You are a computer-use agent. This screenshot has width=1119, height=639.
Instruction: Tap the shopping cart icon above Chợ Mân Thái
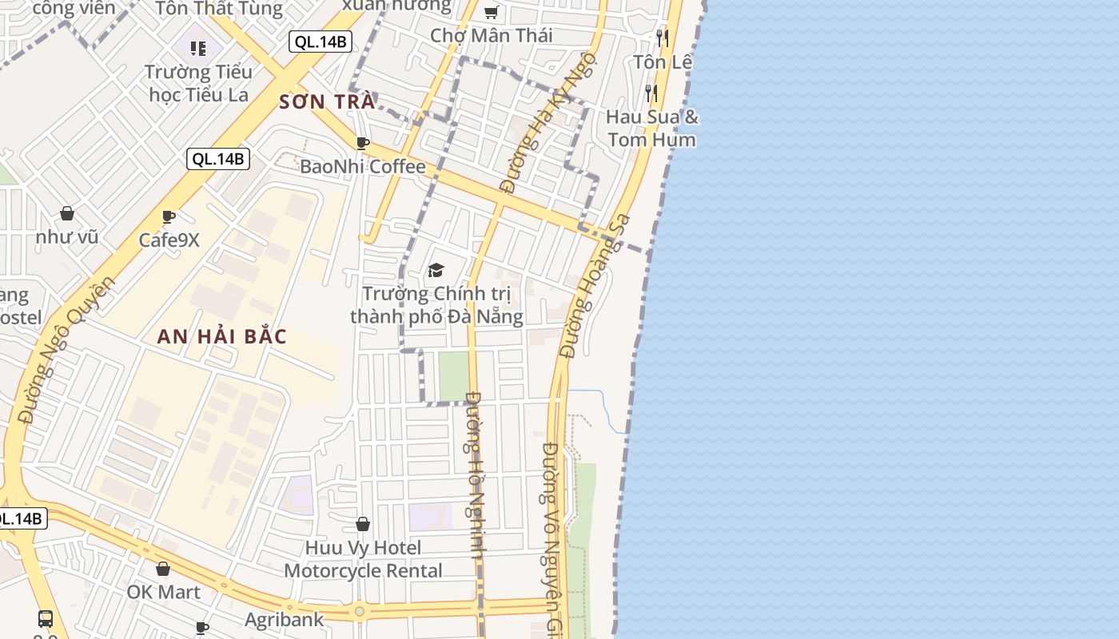(x=492, y=12)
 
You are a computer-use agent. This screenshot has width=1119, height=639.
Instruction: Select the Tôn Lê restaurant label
(x=662, y=62)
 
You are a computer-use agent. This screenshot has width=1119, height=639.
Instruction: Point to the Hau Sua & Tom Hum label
(x=652, y=129)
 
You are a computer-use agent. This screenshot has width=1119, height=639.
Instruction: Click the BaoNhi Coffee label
(x=362, y=167)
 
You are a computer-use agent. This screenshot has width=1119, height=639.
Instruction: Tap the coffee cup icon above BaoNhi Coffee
(x=362, y=144)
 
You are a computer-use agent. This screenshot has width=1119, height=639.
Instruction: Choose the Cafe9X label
(x=169, y=240)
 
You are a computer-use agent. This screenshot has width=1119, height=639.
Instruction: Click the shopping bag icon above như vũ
(x=67, y=213)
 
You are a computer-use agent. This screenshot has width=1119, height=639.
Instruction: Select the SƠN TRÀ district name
(x=327, y=102)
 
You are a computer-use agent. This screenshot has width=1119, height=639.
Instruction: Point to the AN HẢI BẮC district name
(x=221, y=336)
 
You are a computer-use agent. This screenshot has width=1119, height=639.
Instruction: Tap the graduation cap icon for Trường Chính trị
(x=436, y=271)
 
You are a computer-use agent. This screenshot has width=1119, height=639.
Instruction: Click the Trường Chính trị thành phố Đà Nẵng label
(x=436, y=305)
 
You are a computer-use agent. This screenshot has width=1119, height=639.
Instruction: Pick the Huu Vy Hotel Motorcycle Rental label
(x=363, y=559)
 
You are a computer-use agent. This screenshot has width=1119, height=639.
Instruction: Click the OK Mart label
(x=163, y=592)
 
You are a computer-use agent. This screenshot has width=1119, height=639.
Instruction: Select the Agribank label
(x=284, y=619)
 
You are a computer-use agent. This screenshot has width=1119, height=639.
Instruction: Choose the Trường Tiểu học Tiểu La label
(x=200, y=83)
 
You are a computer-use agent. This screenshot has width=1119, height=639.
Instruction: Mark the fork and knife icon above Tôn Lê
(x=662, y=38)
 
